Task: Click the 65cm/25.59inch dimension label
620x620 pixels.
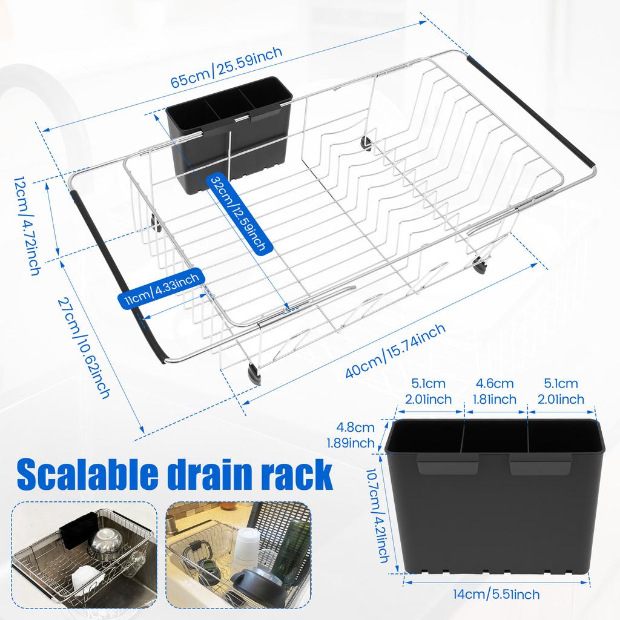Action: point(226,67)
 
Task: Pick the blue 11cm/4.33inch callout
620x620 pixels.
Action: point(160,290)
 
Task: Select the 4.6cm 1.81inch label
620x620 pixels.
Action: point(495,391)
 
